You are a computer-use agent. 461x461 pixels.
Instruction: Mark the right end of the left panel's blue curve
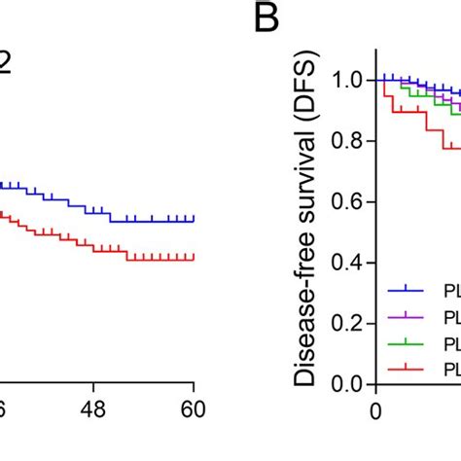click(x=195, y=221)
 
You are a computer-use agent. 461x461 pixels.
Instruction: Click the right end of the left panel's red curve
click(x=195, y=258)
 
